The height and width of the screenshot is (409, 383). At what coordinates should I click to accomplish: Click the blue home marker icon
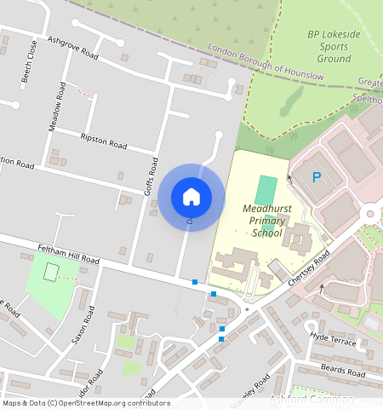[191, 197]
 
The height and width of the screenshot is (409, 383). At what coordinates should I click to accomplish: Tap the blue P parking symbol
[317, 177]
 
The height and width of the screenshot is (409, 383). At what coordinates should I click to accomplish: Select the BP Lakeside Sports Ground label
[329, 47]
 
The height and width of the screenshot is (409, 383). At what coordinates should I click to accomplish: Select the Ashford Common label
[311, 398]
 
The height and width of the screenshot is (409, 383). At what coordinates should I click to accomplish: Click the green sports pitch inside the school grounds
[267, 189]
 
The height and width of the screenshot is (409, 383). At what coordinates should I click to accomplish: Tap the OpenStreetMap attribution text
[85, 403]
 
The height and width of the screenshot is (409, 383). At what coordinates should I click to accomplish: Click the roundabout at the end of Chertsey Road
[371, 213]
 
